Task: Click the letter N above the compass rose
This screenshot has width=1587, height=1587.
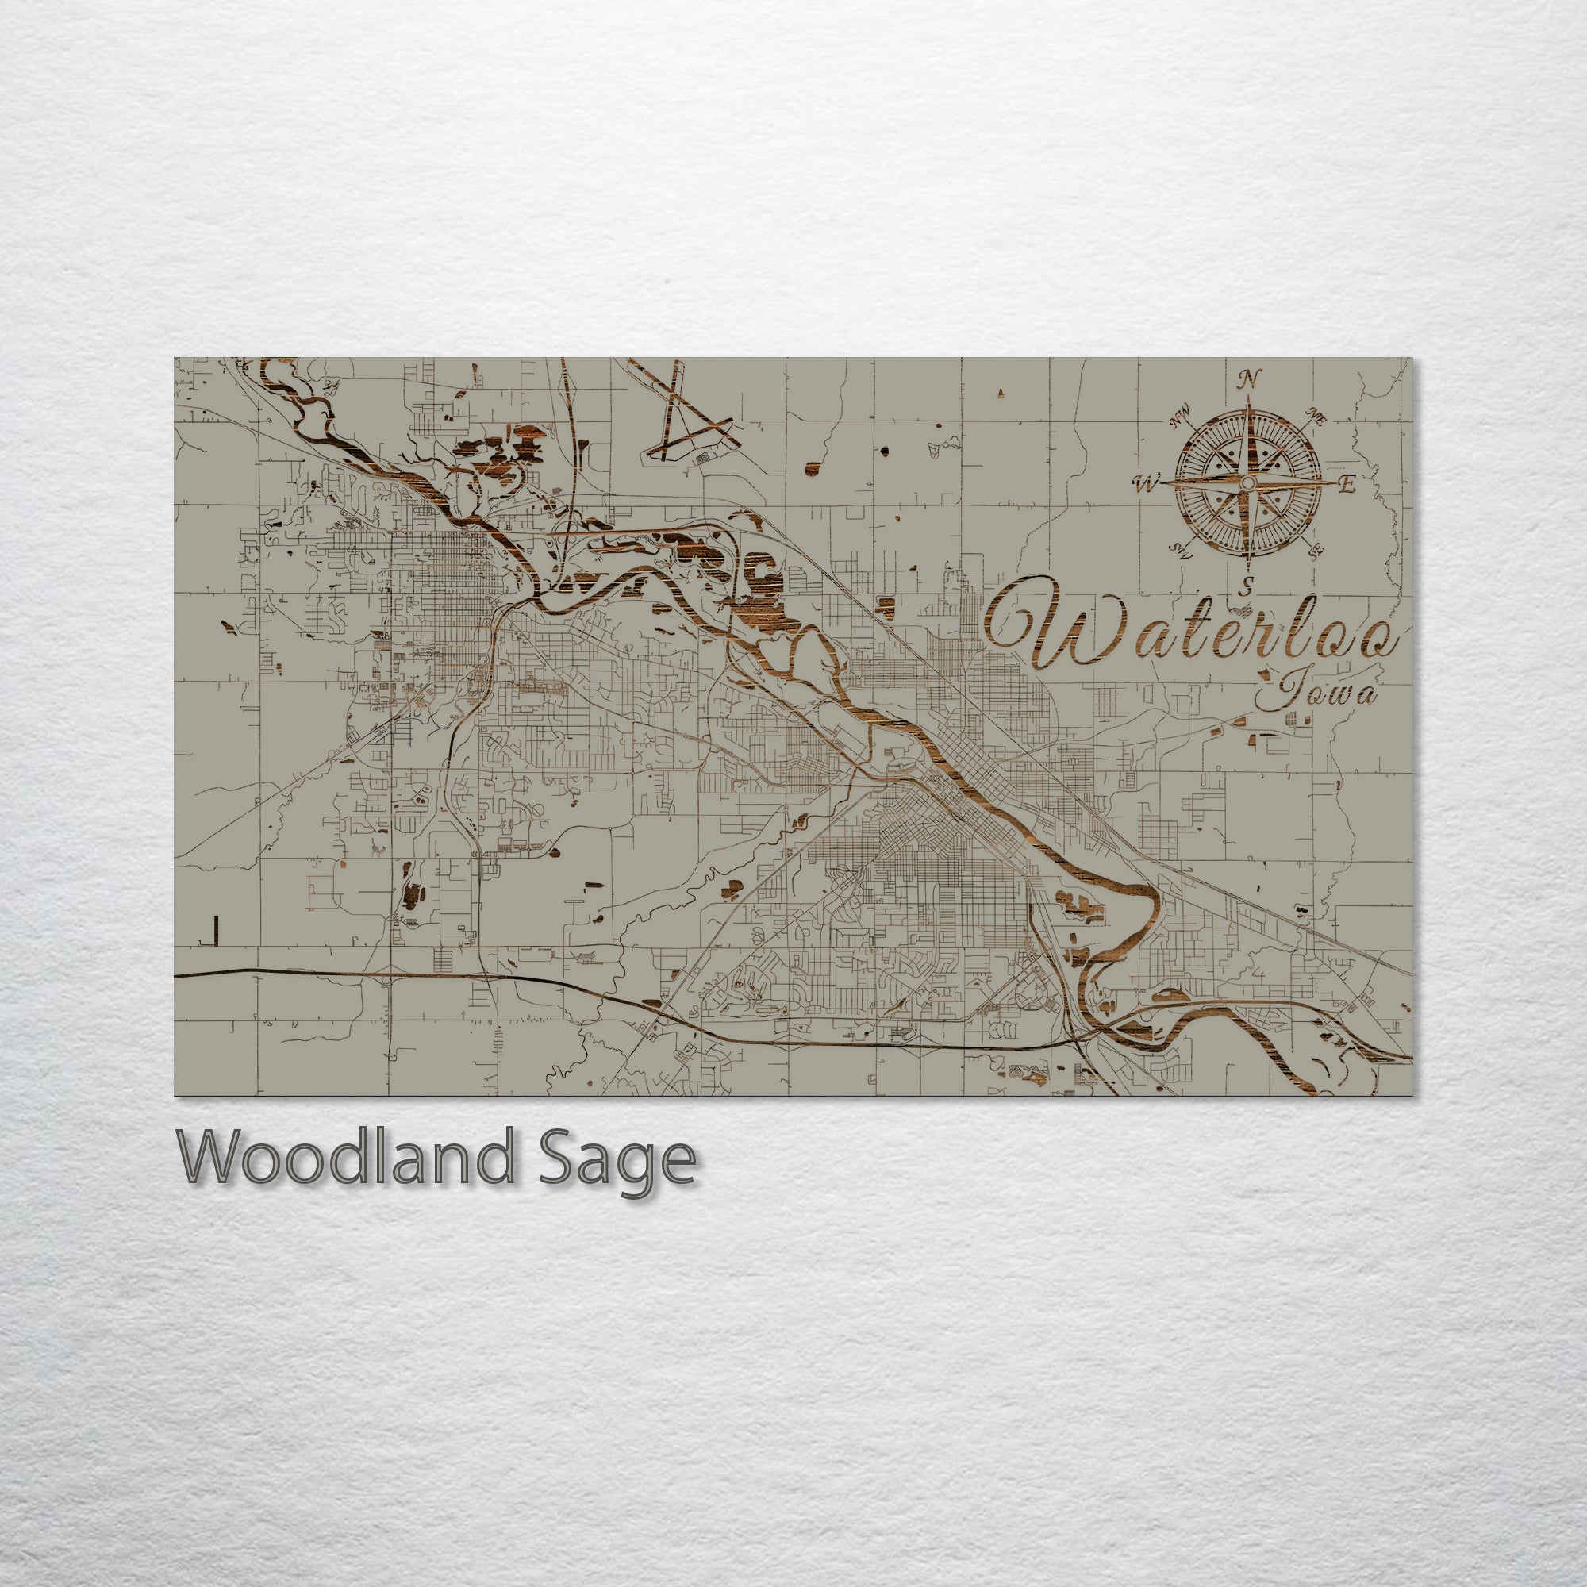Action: coord(1250,378)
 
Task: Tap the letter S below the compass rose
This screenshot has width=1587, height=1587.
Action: coord(1247,586)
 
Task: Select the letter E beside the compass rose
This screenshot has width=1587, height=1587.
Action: coord(1347,485)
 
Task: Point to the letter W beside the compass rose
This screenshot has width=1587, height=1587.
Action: coord(1145,484)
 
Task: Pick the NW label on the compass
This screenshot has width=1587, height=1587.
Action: coord(1181,420)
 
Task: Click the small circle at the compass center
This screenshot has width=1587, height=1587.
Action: coord(1247,483)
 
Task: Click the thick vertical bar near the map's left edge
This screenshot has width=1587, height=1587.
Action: coord(215,929)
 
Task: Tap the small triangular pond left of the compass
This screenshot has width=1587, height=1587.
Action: coord(1001,394)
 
